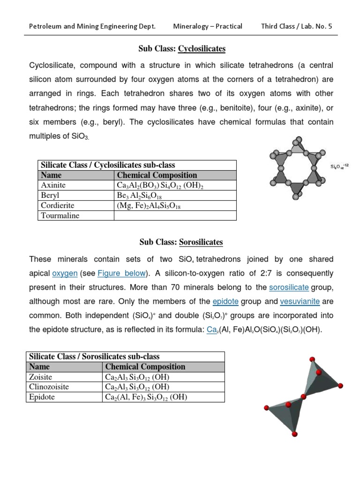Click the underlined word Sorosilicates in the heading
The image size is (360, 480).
coord(201,242)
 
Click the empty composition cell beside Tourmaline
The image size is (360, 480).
coord(175,216)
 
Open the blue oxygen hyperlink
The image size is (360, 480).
coord(65,273)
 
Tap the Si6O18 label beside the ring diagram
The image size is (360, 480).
coord(341,167)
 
